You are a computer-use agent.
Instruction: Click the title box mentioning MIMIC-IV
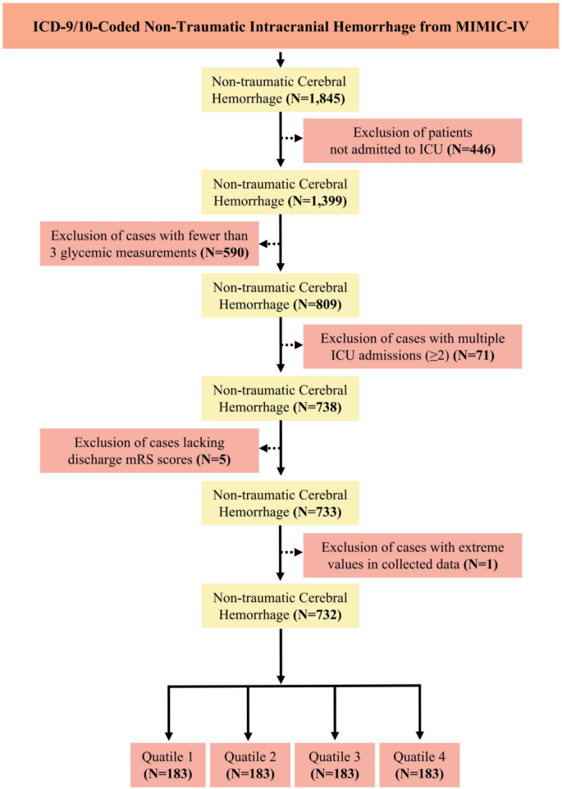click(281, 25)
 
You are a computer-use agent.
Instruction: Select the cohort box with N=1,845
click(280, 89)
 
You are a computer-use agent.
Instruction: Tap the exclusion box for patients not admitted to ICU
click(412, 140)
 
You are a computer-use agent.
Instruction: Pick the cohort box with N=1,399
click(280, 192)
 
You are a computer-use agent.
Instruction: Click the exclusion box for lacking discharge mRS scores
click(148, 449)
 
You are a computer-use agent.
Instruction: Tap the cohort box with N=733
click(280, 503)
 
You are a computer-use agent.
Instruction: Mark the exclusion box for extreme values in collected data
click(412, 554)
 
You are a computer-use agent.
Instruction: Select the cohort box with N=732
click(280, 606)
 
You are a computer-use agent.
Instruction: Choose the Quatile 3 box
click(334, 764)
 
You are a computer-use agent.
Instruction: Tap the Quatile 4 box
click(419, 764)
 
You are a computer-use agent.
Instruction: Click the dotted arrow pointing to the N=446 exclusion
click(291, 138)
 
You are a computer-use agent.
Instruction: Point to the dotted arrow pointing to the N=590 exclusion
click(270, 243)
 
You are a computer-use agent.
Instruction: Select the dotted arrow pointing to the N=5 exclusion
click(270, 449)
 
